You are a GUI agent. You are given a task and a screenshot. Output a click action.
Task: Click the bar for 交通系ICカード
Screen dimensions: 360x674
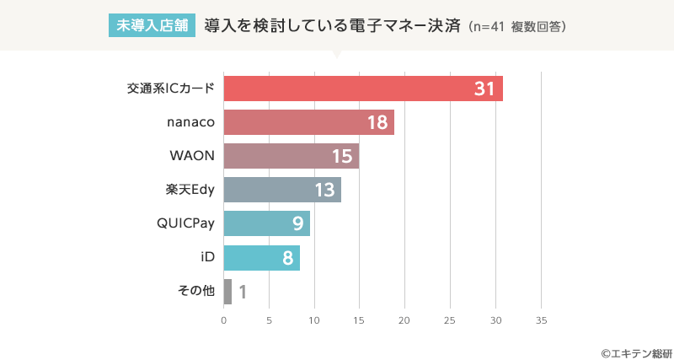[x=363, y=89]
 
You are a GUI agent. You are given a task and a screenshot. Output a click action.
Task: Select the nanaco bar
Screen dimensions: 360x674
[x=309, y=122]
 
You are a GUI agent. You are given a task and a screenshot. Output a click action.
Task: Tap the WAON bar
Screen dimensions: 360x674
[x=292, y=156]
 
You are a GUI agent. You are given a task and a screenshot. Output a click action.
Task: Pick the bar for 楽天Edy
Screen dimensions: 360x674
[x=282, y=190]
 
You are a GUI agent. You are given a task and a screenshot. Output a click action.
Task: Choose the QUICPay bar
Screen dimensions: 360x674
[x=267, y=223]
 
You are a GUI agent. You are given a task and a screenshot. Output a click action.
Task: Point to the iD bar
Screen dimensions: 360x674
[x=262, y=257]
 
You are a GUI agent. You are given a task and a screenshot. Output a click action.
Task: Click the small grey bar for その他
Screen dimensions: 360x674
[x=227, y=292]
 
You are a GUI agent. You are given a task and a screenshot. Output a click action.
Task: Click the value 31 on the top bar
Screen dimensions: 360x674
[x=484, y=89]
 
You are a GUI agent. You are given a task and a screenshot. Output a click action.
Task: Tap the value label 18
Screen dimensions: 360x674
[x=377, y=123]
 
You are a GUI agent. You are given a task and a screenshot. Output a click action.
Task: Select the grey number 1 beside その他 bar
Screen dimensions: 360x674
[x=243, y=293]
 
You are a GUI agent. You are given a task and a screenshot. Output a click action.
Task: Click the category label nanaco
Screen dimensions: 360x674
[x=191, y=122]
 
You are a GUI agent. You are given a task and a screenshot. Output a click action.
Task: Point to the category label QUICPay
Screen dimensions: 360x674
[x=185, y=223]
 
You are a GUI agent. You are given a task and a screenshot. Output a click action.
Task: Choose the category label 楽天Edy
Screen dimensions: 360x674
[x=190, y=190]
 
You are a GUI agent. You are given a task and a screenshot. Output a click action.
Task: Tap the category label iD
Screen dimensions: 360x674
[x=207, y=257]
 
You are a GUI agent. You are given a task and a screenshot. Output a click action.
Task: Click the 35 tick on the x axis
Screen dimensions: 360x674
[x=541, y=320]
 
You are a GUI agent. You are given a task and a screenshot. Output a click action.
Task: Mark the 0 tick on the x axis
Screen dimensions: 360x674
[x=224, y=320]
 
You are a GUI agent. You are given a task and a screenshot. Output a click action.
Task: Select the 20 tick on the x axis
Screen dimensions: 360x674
[x=404, y=320]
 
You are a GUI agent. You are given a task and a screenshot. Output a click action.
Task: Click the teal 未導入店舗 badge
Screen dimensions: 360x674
[x=152, y=25]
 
